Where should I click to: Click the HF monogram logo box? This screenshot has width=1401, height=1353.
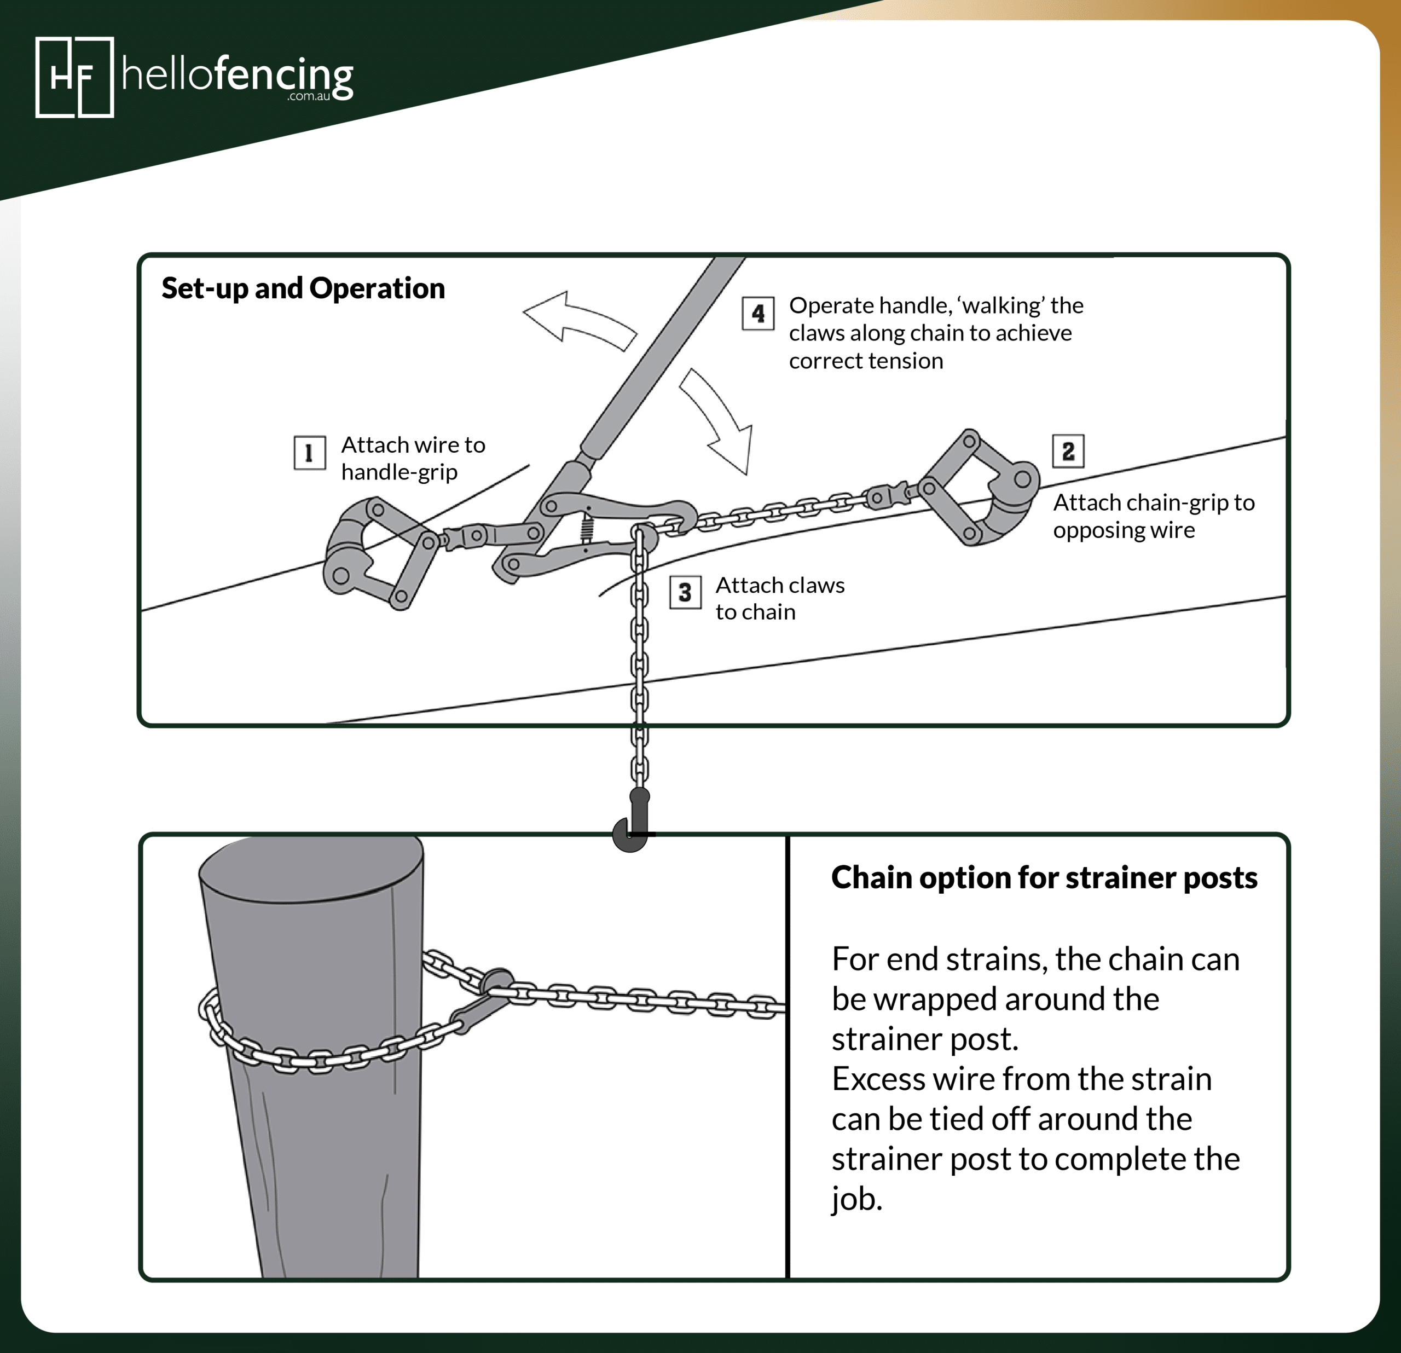[74, 77]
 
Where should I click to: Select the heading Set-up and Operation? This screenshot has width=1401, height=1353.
[303, 288]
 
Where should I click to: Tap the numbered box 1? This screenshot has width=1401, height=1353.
[310, 453]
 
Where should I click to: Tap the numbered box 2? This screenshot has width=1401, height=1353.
[1068, 451]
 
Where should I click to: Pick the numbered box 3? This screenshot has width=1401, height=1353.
[685, 592]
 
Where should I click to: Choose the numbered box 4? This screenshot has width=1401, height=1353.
[757, 313]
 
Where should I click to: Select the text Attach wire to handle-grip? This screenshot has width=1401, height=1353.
[413, 458]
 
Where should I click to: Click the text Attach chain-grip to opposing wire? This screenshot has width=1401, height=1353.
[1153, 516]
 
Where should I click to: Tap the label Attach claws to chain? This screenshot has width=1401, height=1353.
[779, 598]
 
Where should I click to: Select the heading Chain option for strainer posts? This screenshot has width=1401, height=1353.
[1044, 878]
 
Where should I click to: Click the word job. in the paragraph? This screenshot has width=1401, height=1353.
[856, 1199]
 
